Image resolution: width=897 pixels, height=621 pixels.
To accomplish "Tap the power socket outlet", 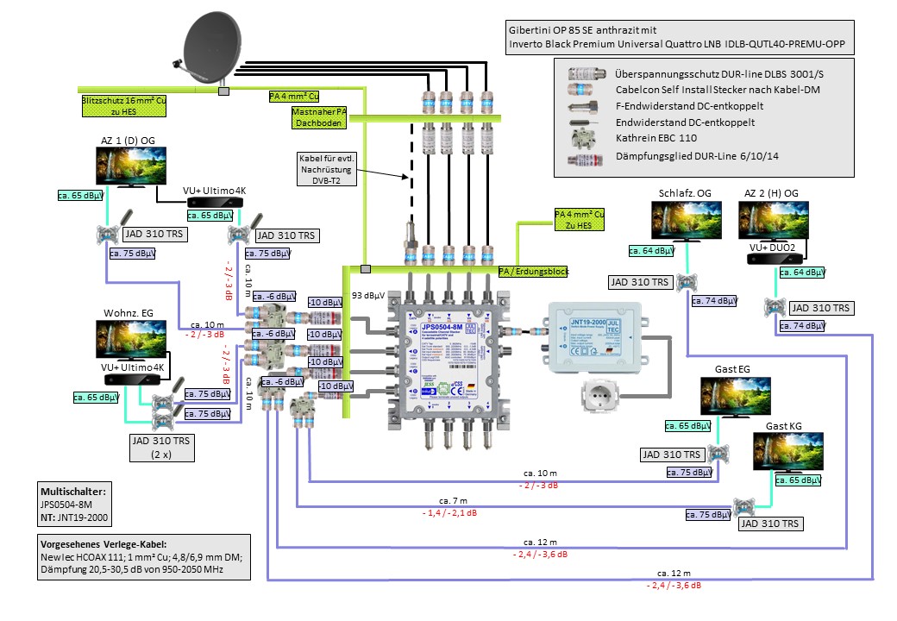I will (x=610, y=395).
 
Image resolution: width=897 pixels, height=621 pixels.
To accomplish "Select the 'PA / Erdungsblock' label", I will (x=534, y=271).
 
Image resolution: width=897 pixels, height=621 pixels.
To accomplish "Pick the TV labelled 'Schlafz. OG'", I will (x=687, y=222).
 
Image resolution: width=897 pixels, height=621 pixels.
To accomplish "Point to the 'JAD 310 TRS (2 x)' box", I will (x=160, y=446).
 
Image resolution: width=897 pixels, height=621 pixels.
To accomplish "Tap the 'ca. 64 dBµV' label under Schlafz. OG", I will (x=649, y=251).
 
